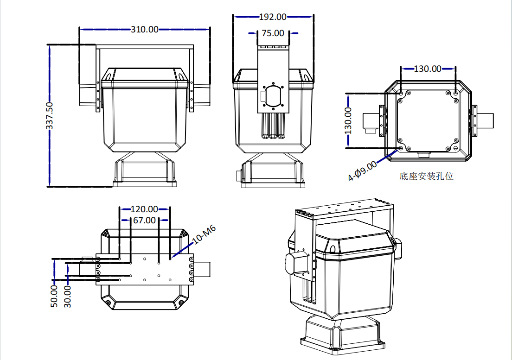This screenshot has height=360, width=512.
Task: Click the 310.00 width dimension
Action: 144,29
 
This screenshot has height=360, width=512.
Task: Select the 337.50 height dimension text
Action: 50,116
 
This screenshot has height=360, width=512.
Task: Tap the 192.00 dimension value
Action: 273,17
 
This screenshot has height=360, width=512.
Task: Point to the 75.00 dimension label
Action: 273,33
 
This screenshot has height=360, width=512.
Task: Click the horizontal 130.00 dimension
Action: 428,69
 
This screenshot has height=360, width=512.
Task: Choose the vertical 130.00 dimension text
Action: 348,120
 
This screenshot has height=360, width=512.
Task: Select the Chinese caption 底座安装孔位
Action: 426,176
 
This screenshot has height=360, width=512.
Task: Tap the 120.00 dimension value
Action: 144,209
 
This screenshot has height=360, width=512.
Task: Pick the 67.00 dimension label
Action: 144,220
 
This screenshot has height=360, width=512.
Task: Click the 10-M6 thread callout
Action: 204,234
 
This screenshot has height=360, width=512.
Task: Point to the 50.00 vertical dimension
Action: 54,296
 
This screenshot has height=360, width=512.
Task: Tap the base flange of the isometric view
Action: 343,345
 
